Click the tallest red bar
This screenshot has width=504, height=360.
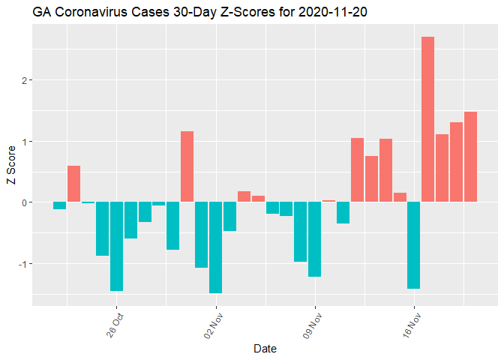(427, 120)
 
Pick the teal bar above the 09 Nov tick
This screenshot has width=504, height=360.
(314, 239)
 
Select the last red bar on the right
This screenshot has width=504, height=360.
(470, 157)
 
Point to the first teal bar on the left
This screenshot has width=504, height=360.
(59, 205)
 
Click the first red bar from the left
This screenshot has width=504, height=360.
(73, 184)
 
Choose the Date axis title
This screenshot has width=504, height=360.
(265, 349)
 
